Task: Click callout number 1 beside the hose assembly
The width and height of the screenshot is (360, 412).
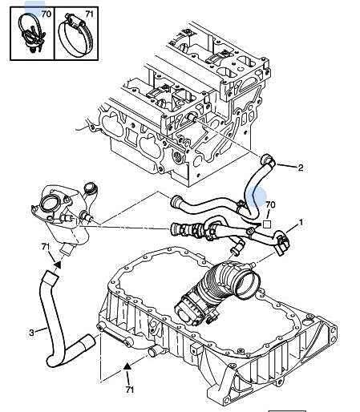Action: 301,222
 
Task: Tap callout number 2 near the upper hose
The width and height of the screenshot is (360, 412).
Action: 301,168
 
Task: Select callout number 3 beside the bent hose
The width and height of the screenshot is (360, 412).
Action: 32,333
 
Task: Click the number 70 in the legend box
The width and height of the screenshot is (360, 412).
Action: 47,14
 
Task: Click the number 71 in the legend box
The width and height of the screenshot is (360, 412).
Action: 90,14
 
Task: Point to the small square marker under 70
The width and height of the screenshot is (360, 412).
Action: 266,224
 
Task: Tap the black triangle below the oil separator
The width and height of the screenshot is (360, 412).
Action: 58,265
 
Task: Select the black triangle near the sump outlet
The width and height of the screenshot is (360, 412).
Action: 127,366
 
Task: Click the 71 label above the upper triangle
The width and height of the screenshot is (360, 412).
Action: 46,247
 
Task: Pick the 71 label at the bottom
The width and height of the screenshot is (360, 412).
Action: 129,390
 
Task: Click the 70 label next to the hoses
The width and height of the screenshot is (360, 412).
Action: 270,205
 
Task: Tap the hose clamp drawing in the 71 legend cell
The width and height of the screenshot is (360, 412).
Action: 76,34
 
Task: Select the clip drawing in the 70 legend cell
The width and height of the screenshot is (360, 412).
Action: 31,33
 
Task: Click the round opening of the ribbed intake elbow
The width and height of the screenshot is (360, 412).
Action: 248,285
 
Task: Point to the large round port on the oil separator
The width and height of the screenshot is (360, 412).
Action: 49,205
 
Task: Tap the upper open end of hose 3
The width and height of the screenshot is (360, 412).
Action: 51,277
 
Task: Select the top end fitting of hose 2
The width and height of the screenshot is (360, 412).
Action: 268,161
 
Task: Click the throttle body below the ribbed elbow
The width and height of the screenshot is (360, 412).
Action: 189,309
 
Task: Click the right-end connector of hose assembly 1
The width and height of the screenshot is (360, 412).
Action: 282,243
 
